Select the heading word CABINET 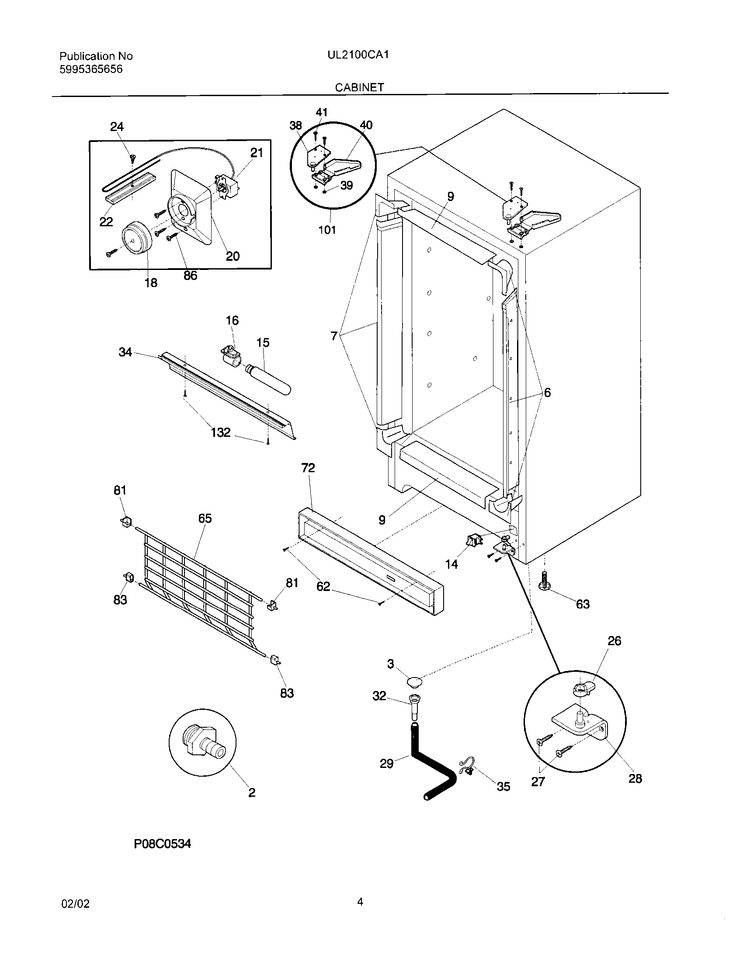click(x=359, y=87)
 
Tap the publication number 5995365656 click(x=90, y=69)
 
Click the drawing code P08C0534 click(x=163, y=843)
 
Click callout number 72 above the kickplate click(x=308, y=468)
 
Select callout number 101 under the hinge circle click(x=327, y=230)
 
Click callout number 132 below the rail click(x=220, y=432)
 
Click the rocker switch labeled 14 click(x=473, y=540)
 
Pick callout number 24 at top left click(x=117, y=127)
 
